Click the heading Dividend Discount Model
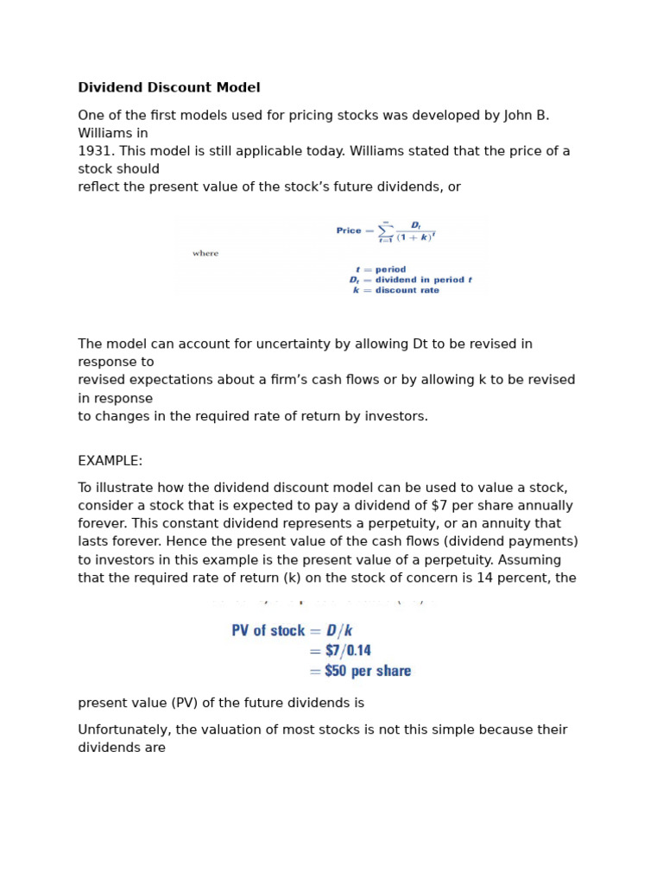[x=169, y=88]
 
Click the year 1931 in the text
[x=93, y=151]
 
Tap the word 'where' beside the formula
[x=205, y=254]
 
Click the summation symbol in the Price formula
[x=385, y=231]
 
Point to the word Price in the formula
[x=349, y=230]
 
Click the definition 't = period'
[x=381, y=269]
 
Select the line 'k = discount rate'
[x=395, y=290]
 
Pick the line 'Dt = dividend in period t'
[x=410, y=280]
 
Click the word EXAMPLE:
[x=110, y=461]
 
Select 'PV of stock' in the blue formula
[x=268, y=631]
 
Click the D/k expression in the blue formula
[x=339, y=631]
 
